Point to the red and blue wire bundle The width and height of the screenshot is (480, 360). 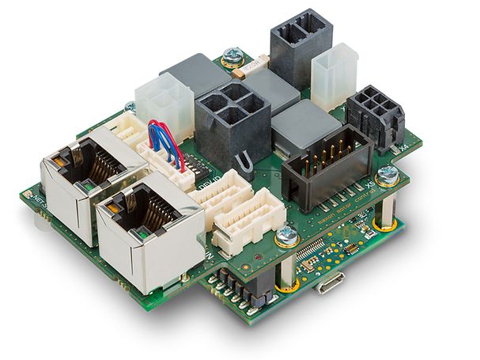(166, 142)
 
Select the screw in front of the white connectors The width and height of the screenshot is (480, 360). (285, 235)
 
